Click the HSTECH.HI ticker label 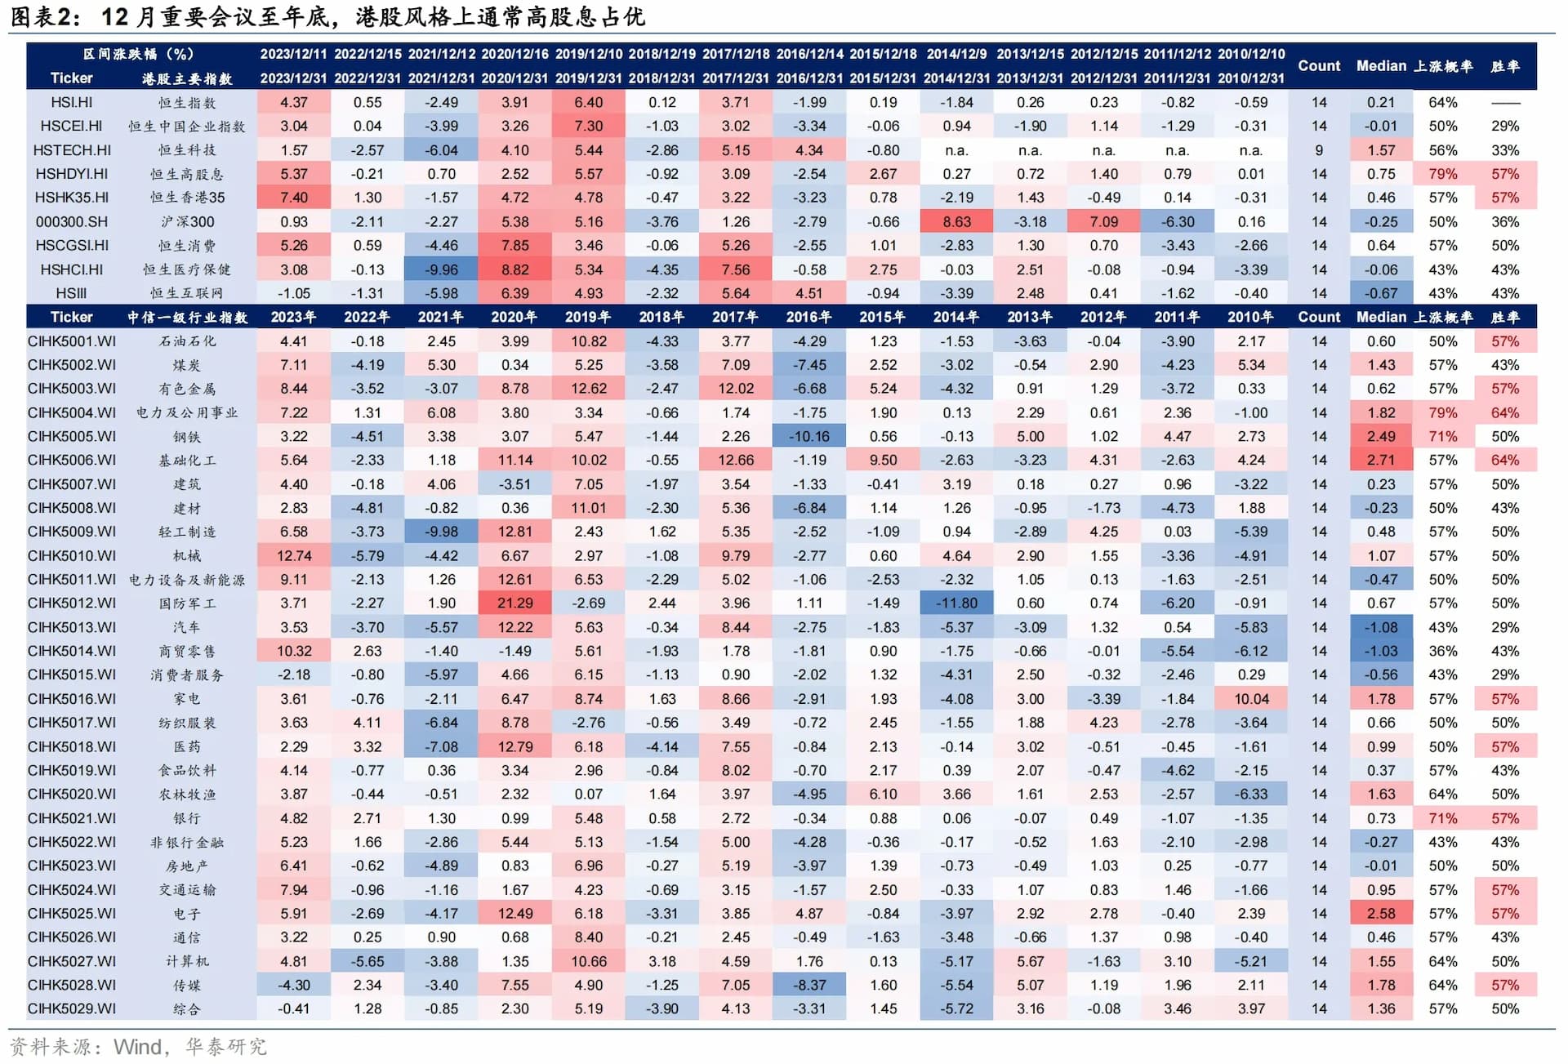(x=72, y=150)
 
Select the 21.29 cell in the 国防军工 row (x=514, y=603)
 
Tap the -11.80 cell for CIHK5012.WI (x=956, y=603)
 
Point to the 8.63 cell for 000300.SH (x=956, y=222)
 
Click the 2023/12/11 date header (x=293, y=54)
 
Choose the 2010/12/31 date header (x=1250, y=78)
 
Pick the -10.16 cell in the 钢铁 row (x=808, y=437)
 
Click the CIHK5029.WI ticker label (x=72, y=1009)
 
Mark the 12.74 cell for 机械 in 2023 (x=293, y=556)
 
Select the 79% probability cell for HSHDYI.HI (x=1442, y=174)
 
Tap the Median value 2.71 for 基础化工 (x=1381, y=461)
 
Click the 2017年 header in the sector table (x=735, y=318)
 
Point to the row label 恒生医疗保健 (x=187, y=270)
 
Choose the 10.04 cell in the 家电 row (x=1250, y=699)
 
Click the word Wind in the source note (x=137, y=1047)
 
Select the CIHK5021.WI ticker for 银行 (x=72, y=818)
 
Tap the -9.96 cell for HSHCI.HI (x=441, y=270)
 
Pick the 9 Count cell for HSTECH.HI (x=1319, y=150)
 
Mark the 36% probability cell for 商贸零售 (x=1442, y=652)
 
